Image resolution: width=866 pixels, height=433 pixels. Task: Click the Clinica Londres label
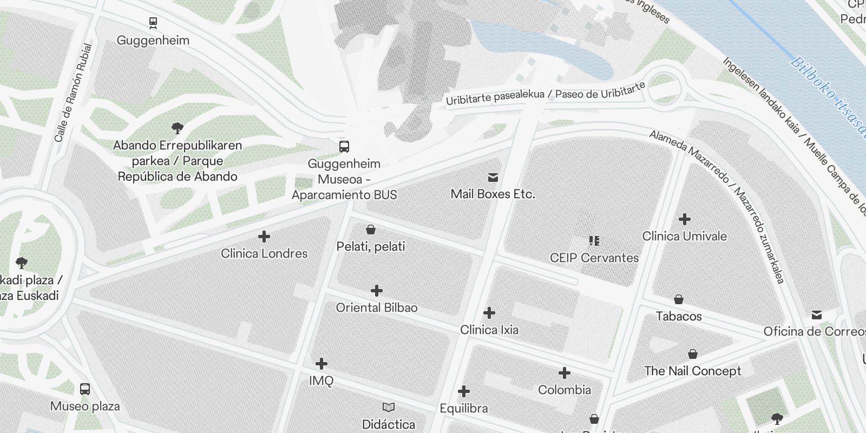[264, 253]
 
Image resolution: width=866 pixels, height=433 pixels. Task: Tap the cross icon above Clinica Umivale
[685, 219]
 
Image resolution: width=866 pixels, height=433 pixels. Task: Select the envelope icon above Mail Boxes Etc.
[493, 177]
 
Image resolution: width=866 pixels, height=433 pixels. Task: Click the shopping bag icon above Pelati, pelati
[371, 229]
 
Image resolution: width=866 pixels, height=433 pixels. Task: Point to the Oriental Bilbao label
[377, 307]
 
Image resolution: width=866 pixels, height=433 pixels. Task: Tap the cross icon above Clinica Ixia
[489, 313]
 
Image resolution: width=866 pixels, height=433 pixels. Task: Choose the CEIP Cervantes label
[594, 258]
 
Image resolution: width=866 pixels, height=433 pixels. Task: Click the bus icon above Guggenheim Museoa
[344, 146]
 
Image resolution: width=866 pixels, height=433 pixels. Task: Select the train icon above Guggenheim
[153, 23]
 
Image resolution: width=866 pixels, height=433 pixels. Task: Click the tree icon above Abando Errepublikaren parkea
[177, 128]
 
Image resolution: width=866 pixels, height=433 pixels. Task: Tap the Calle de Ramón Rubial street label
[74, 93]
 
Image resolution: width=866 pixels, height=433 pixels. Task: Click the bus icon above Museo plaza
[85, 389]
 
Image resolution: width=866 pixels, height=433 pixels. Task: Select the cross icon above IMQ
[322, 363]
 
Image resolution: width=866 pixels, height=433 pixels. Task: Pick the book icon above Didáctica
[389, 407]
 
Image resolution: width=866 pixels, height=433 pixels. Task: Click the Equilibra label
[464, 408]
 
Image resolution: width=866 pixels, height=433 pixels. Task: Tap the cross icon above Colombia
[565, 372]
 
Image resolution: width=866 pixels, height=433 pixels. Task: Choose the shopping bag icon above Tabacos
[679, 299]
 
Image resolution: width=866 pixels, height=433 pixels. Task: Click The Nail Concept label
[693, 371]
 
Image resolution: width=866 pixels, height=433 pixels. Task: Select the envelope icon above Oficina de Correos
[817, 315]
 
